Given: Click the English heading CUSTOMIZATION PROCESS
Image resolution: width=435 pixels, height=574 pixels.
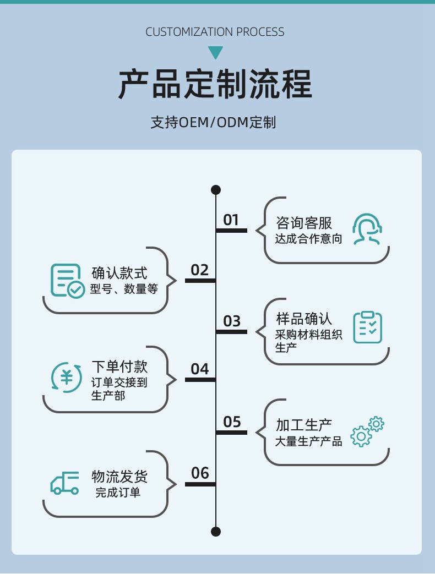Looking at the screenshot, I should click(x=215, y=32).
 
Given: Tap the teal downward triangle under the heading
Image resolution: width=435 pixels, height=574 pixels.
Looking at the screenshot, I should click(x=215, y=53).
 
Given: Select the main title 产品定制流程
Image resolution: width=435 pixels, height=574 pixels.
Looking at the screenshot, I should click(x=215, y=84).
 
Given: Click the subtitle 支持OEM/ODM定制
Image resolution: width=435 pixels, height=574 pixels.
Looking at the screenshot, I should click(x=213, y=122).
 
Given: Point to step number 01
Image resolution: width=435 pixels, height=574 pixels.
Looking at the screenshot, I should click(x=231, y=220).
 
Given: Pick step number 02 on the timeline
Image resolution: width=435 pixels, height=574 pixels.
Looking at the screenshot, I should click(x=200, y=270).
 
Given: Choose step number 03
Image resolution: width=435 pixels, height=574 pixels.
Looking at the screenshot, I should click(x=232, y=321).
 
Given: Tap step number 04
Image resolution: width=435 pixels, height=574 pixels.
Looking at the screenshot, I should click(x=200, y=369).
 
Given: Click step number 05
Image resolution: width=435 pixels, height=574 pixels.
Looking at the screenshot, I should click(x=232, y=422).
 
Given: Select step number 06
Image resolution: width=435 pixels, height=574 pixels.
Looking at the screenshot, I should click(x=200, y=473).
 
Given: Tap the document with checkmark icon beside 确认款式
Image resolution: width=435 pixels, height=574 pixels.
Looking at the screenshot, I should click(x=67, y=281).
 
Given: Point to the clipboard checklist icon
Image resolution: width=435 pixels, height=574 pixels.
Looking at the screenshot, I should click(x=367, y=327).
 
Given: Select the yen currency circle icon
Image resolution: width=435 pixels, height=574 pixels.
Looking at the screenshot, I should click(x=67, y=378).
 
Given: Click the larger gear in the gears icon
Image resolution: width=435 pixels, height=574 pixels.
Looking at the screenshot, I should click(x=361, y=436).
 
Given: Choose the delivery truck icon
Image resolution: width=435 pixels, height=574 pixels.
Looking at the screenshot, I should click(x=65, y=483).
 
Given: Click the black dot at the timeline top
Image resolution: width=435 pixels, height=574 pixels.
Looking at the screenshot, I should click(x=216, y=190).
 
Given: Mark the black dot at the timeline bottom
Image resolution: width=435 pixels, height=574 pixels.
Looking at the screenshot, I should click(x=216, y=531).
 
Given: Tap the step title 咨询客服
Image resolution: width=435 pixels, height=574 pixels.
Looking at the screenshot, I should click(x=304, y=223).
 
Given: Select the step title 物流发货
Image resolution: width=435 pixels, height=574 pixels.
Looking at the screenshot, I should click(x=119, y=476).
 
